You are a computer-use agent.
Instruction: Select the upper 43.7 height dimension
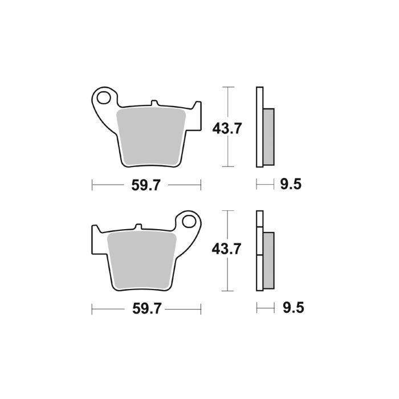[x=227, y=128]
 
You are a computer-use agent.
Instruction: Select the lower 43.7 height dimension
[x=227, y=250]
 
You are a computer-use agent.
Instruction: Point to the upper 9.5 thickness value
[x=290, y=185]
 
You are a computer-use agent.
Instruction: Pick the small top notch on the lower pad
[x=137, y=227]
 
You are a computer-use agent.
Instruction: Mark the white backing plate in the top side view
[x=260, y=127]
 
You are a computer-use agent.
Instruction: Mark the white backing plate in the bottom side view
[x=260, y=251]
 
